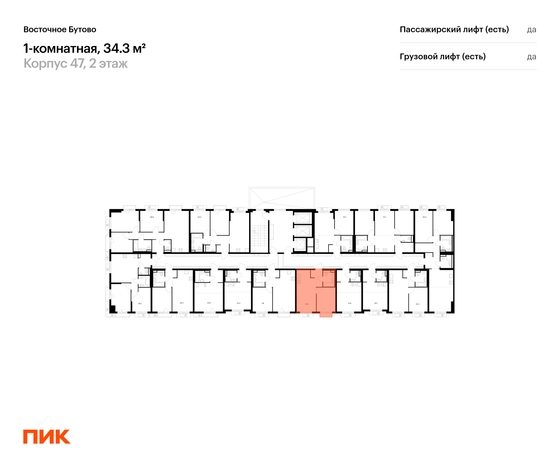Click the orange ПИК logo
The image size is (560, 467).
point(47,436)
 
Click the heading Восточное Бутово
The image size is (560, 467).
point(60,29)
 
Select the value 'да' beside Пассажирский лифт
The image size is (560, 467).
point(531,30)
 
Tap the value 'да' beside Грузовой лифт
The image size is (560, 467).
point(531,57)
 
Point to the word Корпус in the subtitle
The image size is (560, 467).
point(45,64)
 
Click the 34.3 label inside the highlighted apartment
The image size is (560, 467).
point(307,304)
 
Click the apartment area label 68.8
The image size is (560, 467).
point(152,217)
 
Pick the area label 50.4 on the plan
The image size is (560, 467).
point(199,217)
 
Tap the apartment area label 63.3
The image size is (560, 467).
point(424,217)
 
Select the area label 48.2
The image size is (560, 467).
point(140,304)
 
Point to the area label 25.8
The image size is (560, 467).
point(209,303)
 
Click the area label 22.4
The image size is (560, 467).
point(238,303)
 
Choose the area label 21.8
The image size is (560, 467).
point(350,303)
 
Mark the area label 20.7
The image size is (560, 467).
point(376,303)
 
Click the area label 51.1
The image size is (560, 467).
point(385,217)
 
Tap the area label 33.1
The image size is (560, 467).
point(345,217)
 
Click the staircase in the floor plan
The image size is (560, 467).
point(259,236)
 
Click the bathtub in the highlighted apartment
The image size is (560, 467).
point(329,285)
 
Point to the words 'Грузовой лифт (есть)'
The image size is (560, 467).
point(443,57)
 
